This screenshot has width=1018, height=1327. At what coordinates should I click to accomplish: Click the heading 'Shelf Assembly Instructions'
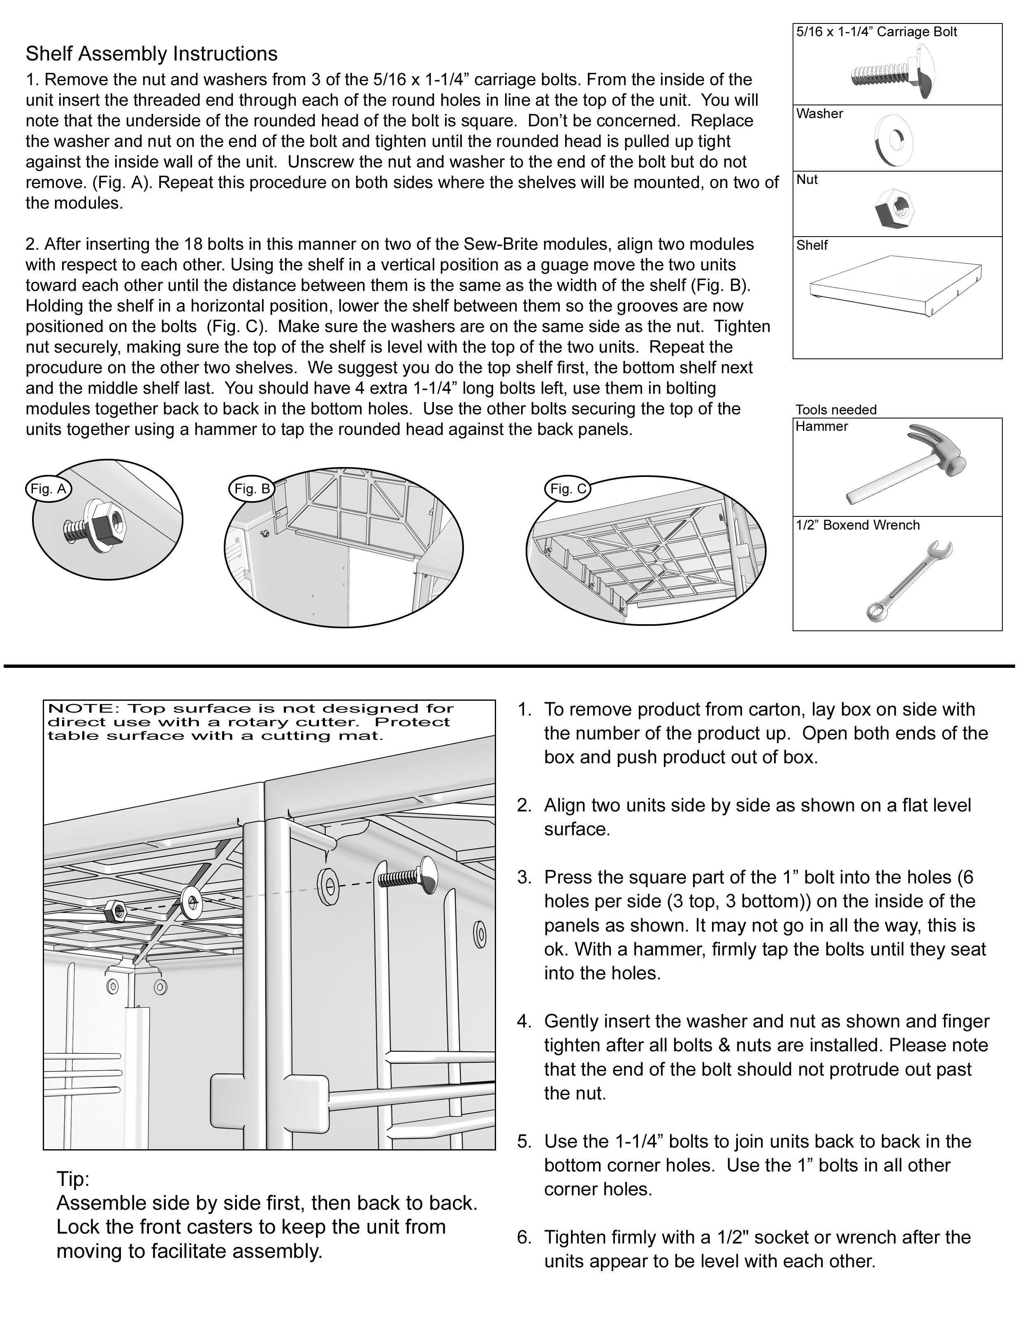[151, 54]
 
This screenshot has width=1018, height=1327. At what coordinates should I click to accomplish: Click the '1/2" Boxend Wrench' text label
[858, 525]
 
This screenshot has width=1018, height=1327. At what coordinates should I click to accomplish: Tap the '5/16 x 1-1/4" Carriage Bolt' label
[876, 32]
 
